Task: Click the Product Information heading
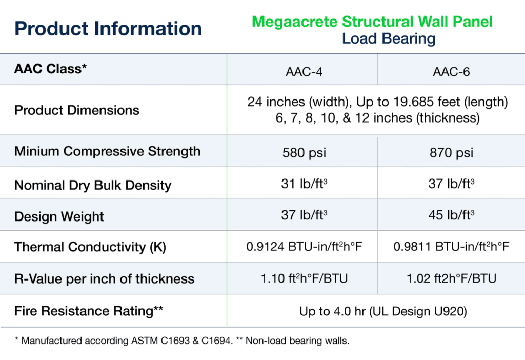[108, 29]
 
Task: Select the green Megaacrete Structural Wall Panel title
[372, 22]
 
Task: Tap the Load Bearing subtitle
[389, 39]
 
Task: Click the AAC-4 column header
[304, 72]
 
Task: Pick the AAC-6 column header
[451, 72]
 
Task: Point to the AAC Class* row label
[50, 69]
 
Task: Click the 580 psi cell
[304, 153]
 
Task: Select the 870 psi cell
[451, 153]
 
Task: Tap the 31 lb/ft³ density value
[304, 184]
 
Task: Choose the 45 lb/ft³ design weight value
[451, 215]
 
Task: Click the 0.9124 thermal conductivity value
[304, 247]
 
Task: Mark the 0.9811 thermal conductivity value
[451, 247]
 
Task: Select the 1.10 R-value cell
[304, 278]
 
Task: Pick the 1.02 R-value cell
[451, 278]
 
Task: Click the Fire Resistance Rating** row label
[89, 311]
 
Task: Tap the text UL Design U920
[418, 311]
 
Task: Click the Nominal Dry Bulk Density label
[93, 185]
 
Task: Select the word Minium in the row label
[37, 151]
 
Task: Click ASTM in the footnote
[144, 341]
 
